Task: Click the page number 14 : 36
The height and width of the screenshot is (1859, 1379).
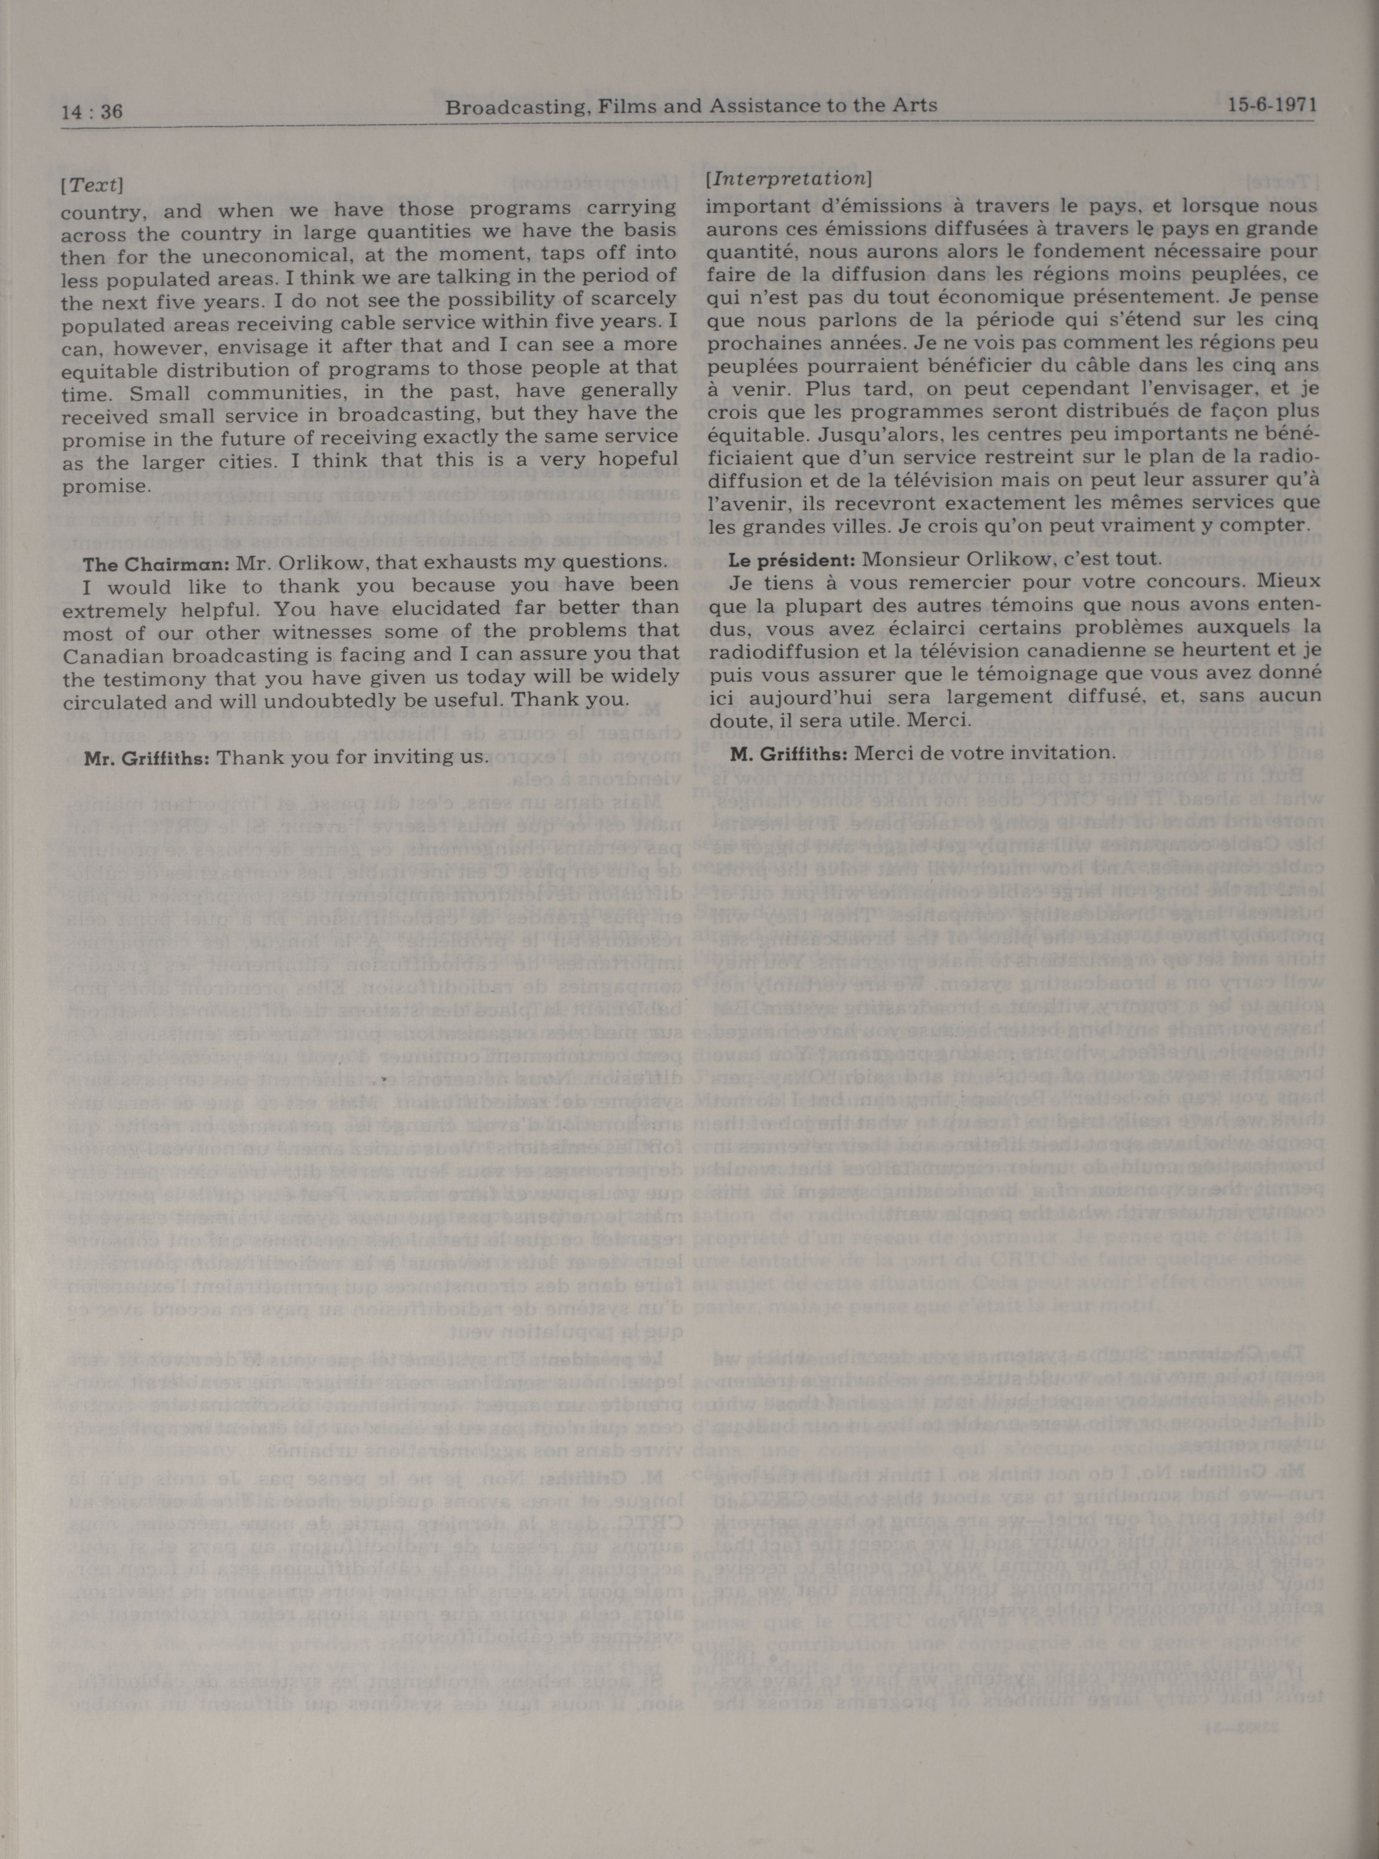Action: [92, 111]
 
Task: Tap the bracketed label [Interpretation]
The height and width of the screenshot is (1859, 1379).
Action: [789, 179]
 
